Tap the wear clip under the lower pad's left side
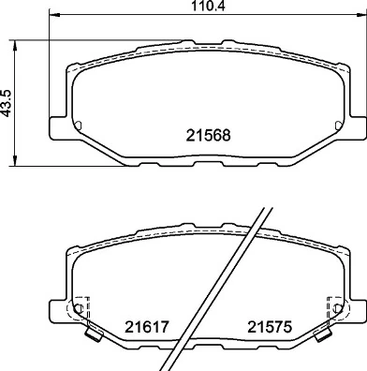click(91, 334)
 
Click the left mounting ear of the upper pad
click(55, 122)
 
